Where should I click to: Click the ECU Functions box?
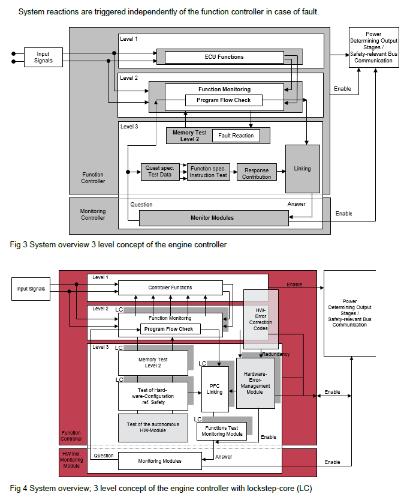pos(224,57)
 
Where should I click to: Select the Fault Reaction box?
pos(236,136)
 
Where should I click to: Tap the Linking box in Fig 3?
pos(302,169)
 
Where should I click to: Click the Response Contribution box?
pos(257,173)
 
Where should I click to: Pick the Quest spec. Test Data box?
pos(159,172)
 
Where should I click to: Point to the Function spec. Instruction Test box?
pos(209,172)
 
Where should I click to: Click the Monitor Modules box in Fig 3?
pos(212,217)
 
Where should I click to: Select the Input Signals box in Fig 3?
pos(43,57)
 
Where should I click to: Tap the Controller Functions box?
pos(170,288)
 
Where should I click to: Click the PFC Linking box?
pos(215,388)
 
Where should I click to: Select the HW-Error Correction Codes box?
pos(261,318)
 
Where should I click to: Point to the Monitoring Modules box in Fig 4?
pos(160,461)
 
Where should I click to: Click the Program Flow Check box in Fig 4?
pos(170,329)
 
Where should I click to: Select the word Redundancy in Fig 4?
pos(276,355)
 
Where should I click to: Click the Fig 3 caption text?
pos(119,245)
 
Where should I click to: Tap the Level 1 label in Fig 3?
pos(129,39)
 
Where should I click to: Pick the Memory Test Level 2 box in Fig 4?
pos(153,363)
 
